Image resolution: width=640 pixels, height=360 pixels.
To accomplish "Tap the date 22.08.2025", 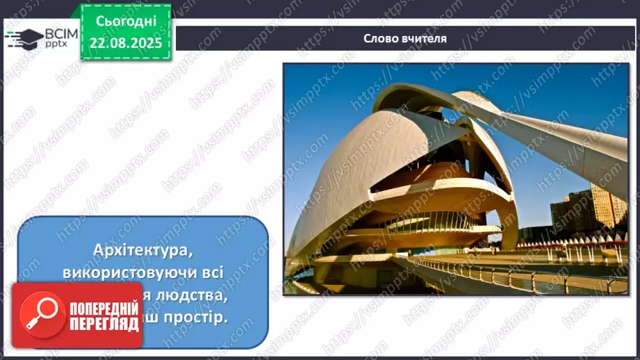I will (x=126, y=42).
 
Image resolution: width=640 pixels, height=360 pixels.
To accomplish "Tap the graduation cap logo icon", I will (x=22, y=38).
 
